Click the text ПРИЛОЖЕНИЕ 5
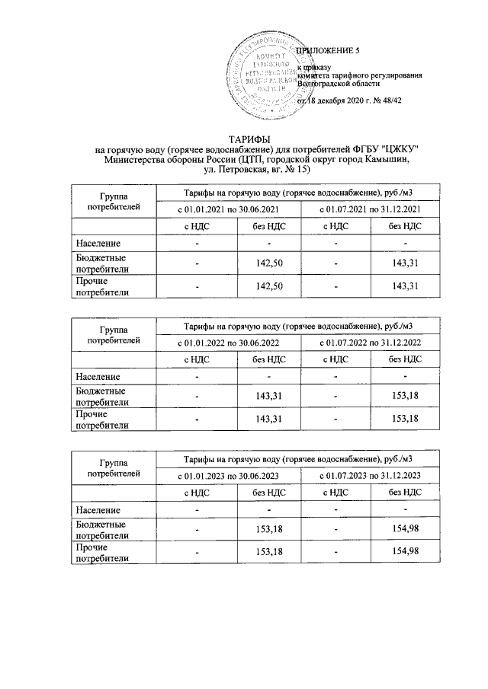pos(327,51)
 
